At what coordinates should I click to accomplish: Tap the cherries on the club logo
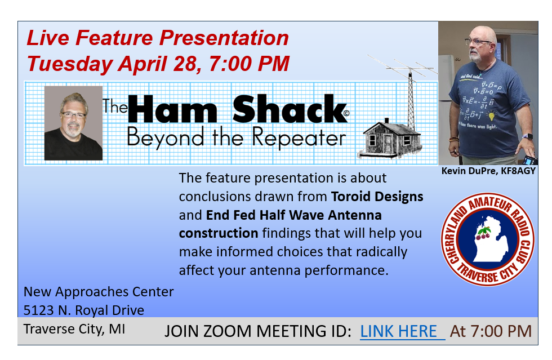[x=483, y=233]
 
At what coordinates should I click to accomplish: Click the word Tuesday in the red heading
[x=69, y=64]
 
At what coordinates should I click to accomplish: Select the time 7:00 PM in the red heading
[x=249, y=64]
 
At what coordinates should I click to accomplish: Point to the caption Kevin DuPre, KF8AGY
[x=488, y=171]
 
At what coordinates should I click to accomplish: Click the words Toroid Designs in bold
[x=377, y=197]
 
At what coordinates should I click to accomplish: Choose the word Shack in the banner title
[x=290, y=109]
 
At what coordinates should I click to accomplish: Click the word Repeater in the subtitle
[x=299, y=137]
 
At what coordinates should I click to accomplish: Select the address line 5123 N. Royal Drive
[x=84, y=310]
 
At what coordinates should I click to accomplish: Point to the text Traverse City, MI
[x=74, y=329]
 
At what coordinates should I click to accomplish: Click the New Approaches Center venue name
[x=99, y=292]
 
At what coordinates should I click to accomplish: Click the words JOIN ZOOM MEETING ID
[x=258, y=331]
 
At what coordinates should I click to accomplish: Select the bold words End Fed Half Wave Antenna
[x=293, y=215]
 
